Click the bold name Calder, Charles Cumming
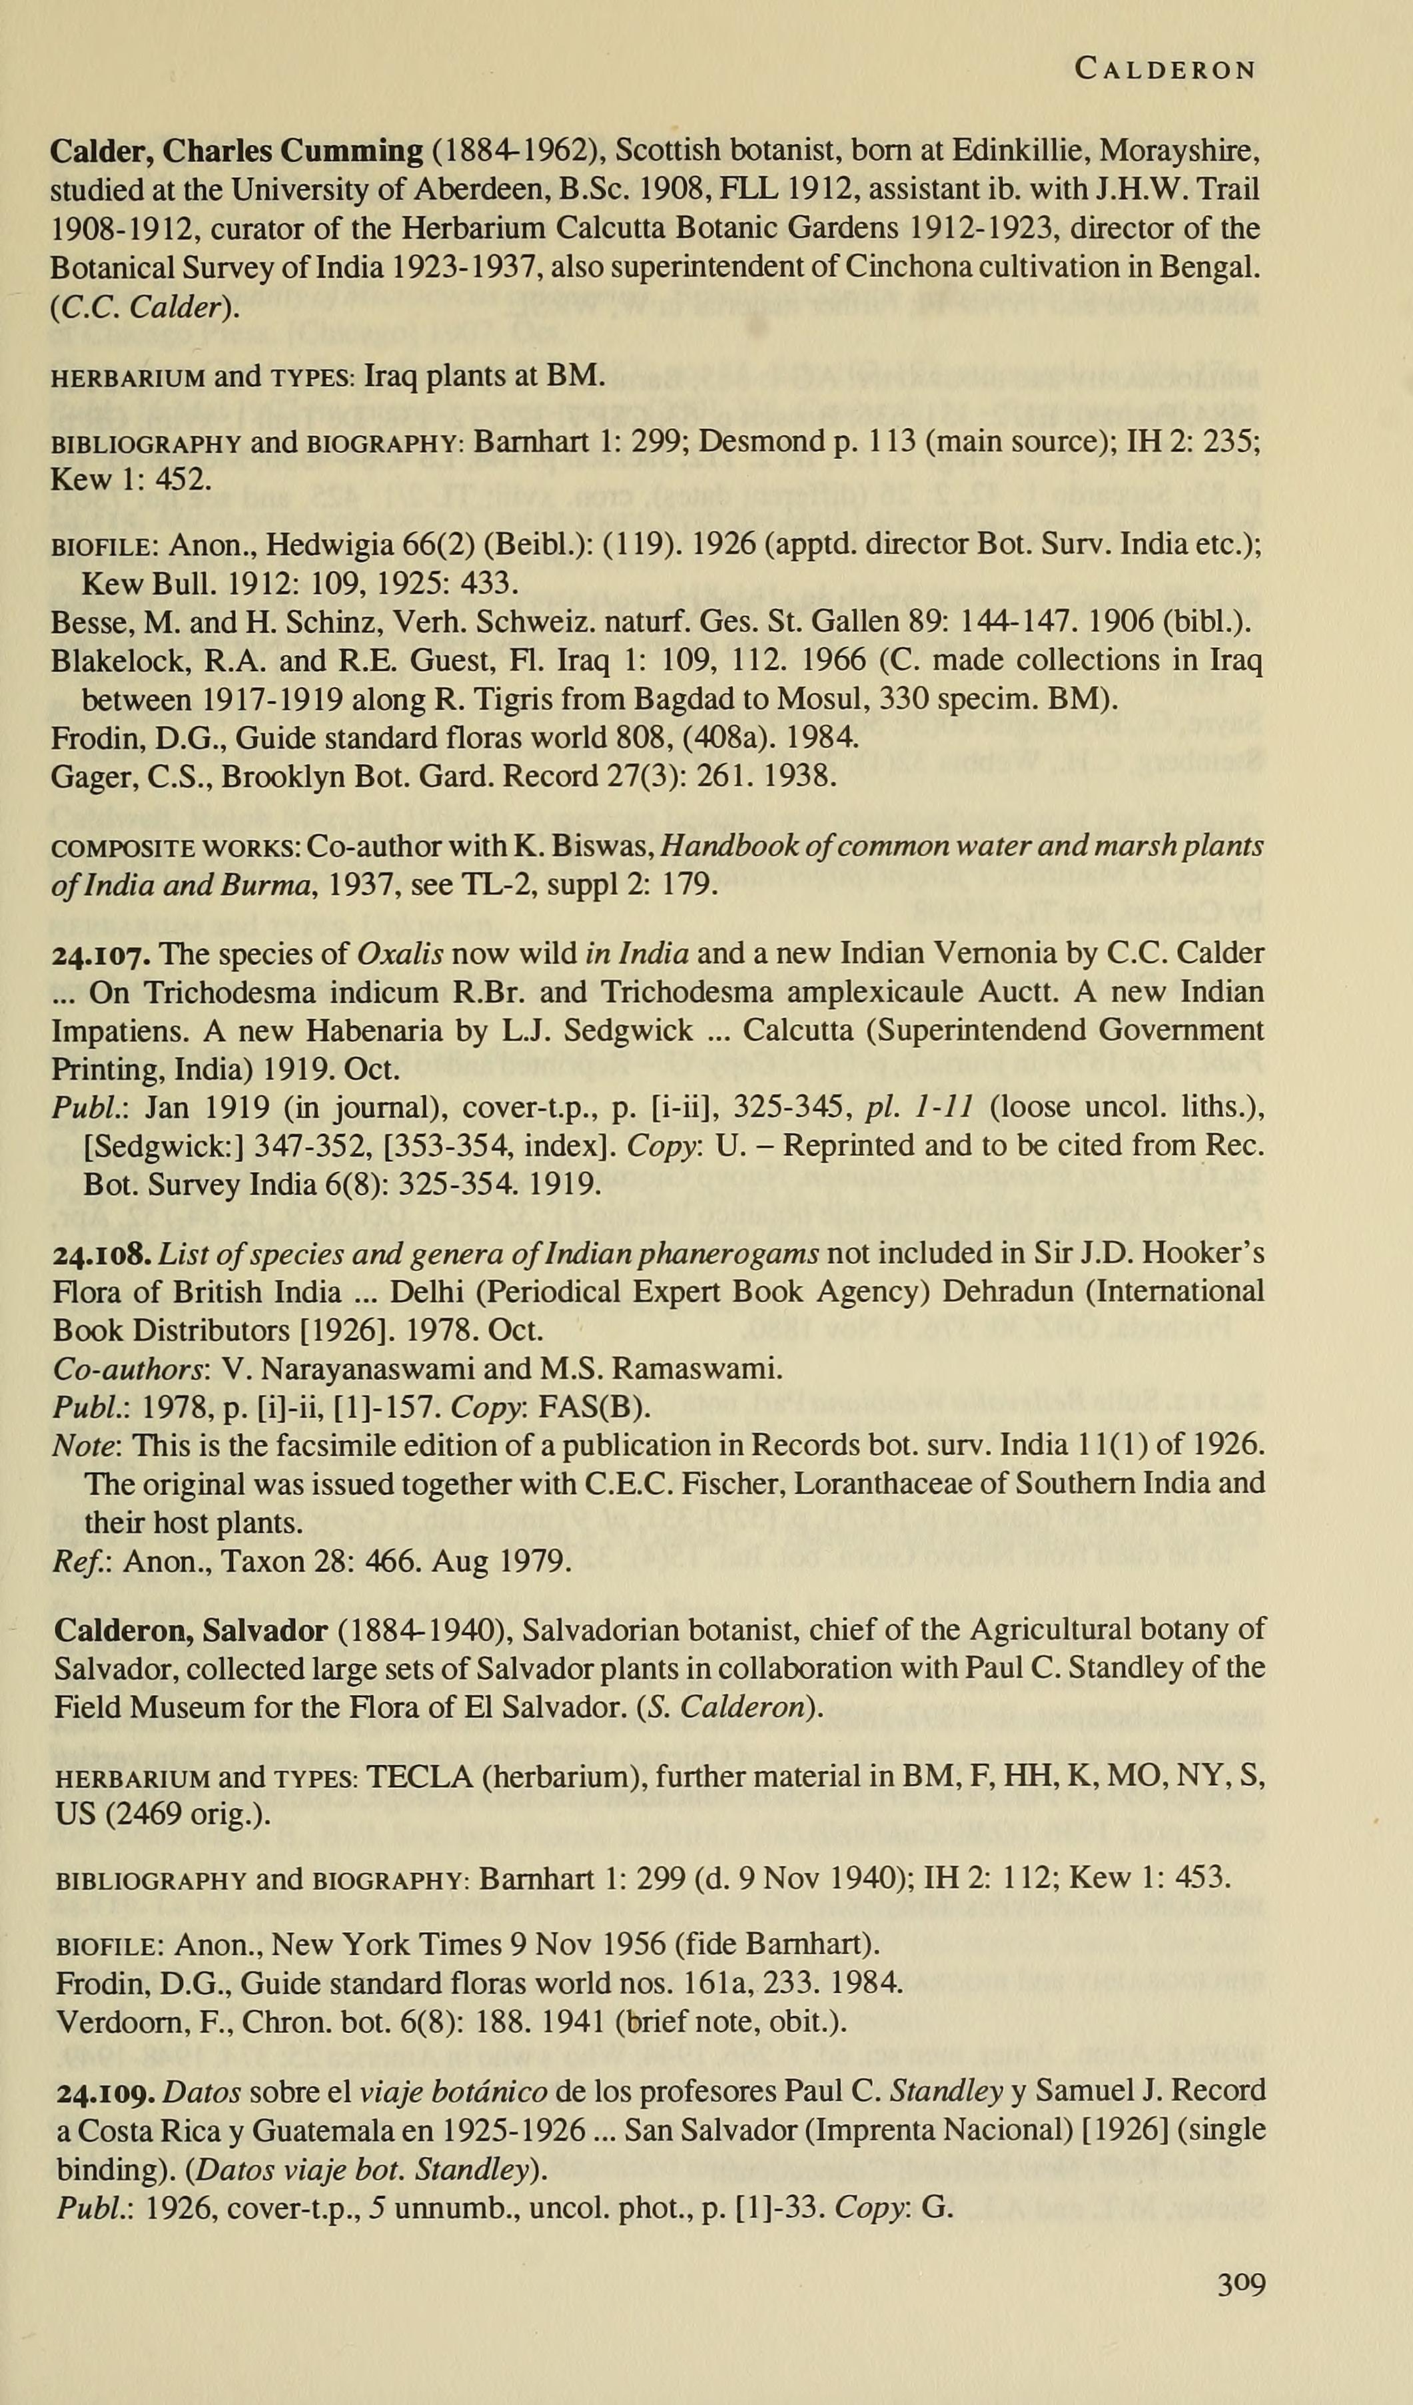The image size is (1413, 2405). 236,150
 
